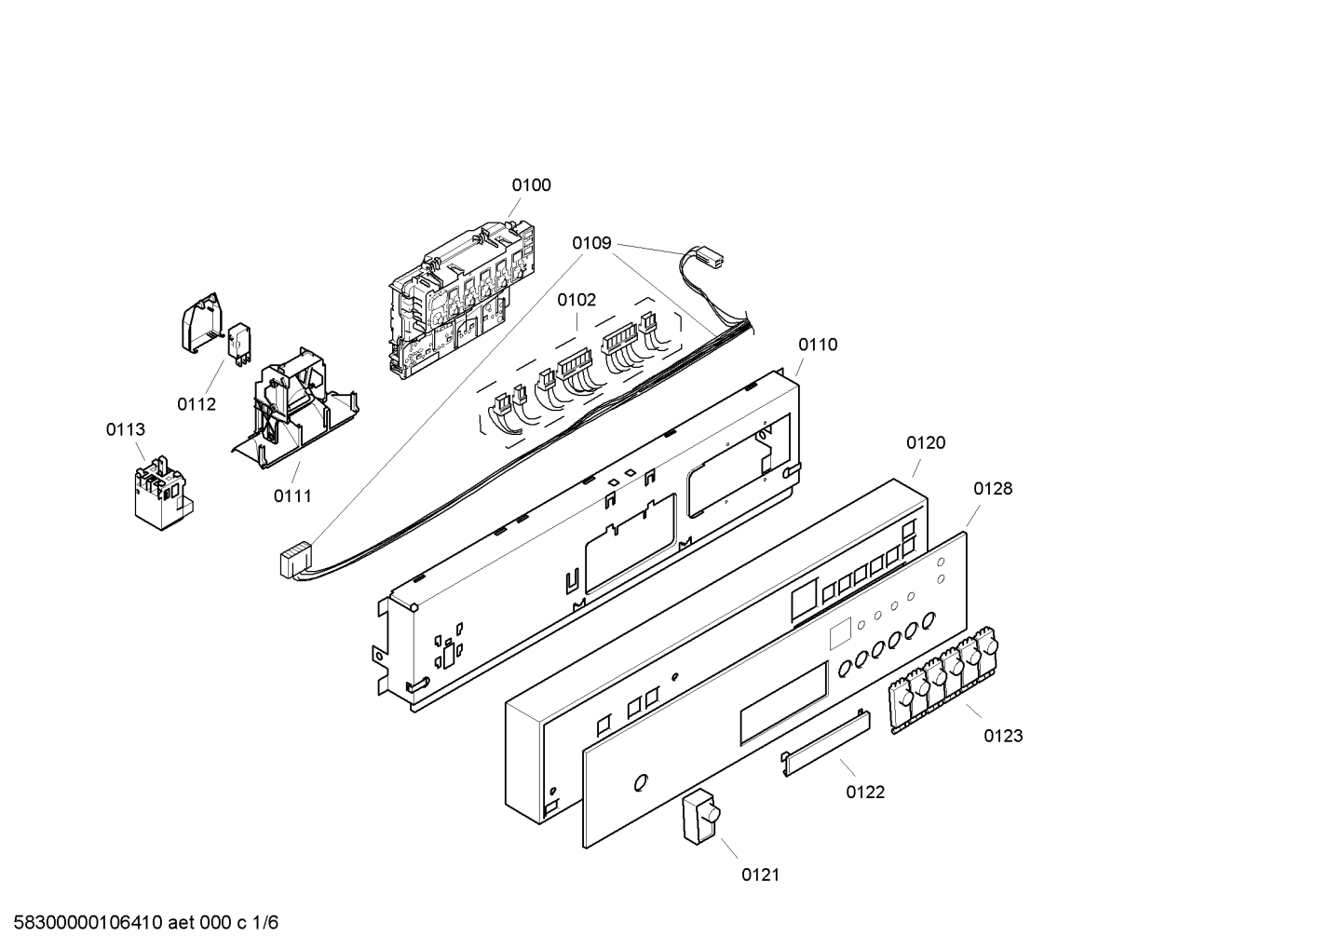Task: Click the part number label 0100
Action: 531,185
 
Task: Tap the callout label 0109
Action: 591,244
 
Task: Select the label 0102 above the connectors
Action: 577,301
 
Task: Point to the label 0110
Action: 817,346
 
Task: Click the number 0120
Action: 925,443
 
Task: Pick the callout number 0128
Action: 993,489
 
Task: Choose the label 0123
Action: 1003,737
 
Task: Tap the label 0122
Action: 865,793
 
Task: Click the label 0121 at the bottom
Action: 760,874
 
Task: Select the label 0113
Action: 125,430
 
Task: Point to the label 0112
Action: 197,404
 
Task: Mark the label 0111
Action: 292,496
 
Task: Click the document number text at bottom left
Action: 140,924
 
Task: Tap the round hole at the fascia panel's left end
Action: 640,782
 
